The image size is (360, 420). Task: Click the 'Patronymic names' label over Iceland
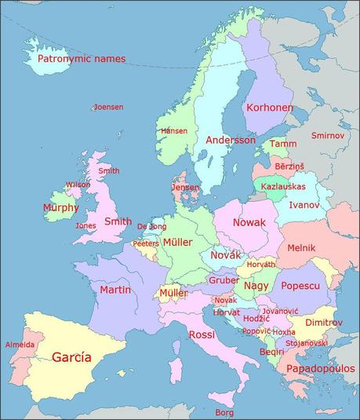click(82, 59)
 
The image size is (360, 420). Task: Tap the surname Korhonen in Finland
click(269, 108)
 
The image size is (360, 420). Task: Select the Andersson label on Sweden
click(231, 140)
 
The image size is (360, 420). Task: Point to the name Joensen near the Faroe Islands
click(108, 107)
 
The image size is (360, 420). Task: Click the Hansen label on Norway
click(173, 130)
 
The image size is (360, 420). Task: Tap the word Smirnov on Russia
click(327, 136)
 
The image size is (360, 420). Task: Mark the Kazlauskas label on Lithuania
click(283, 187)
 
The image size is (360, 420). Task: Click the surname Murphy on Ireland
click(61, 208)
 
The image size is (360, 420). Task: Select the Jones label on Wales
click(85, 225)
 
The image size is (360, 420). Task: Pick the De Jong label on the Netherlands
click(151, 226)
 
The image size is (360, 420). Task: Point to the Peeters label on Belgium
click(145, 243)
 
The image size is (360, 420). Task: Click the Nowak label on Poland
click(249, 223)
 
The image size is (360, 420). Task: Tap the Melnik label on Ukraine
click(301, 247)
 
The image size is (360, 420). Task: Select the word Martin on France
click(115, 290)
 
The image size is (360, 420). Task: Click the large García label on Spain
click(71, 357)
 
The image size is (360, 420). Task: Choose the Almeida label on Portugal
click(20, 345)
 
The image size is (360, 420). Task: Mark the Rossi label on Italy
click(202, 335)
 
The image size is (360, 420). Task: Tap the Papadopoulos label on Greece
click(320, 368)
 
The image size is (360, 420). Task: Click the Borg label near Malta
click(224, 411)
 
